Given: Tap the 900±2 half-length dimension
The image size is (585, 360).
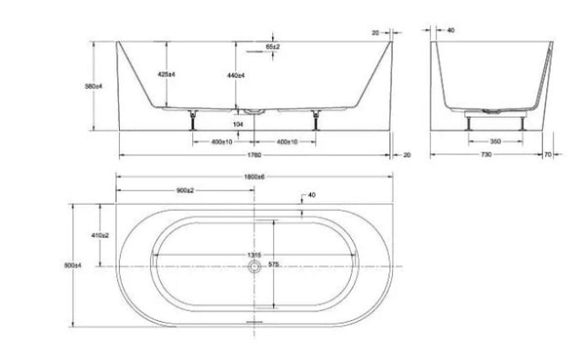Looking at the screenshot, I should (188, 189).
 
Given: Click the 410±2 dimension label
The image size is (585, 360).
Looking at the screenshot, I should (97, 235).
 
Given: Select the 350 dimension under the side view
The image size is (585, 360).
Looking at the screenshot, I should (495, 140).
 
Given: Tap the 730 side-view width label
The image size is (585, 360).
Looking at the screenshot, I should (495, 154).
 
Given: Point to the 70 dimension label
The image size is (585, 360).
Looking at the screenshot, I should (575, 154).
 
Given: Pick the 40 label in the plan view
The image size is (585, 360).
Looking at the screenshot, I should (310, 196).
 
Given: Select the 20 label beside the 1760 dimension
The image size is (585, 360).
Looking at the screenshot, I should (407, 154).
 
